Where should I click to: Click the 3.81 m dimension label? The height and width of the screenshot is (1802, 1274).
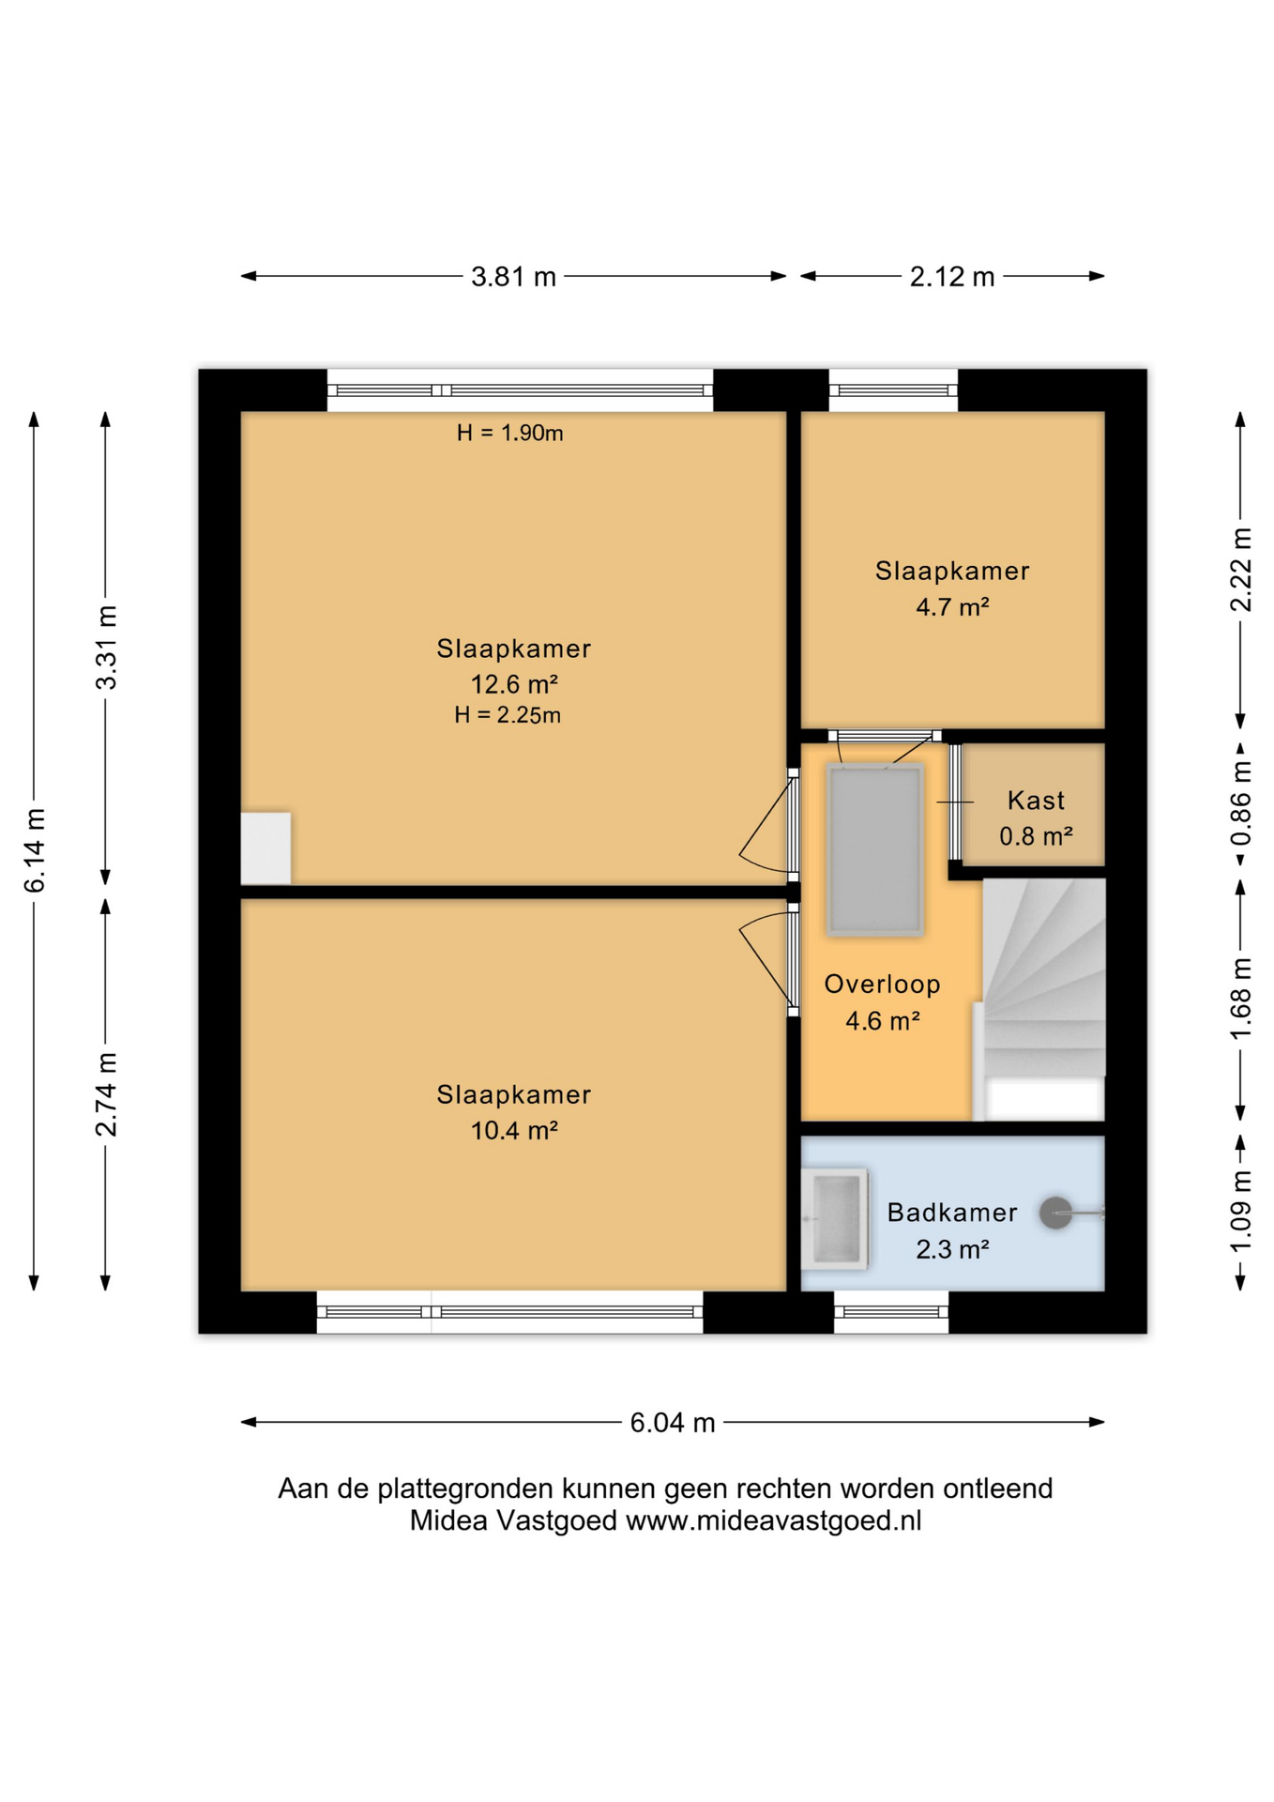tap(513, 277)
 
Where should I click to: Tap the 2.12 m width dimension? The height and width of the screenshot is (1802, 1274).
tap(951, 277)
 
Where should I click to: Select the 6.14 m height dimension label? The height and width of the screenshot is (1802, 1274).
tap(35, 850)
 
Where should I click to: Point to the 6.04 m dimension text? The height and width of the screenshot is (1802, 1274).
tap(672, 1423)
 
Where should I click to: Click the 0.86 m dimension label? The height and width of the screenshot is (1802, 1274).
tap(1240, 802)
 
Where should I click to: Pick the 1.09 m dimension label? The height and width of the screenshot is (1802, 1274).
tap(1240, 1212)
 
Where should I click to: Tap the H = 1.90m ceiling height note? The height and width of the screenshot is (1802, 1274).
tap(509, 433)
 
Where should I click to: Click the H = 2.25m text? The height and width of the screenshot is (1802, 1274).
tap(508, 715)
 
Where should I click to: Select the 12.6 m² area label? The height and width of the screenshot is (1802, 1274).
tap(514, 683)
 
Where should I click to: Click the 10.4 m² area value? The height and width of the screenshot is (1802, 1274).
tap(514, 1130)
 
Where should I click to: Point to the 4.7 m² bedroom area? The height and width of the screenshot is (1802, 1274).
tap(952, 606)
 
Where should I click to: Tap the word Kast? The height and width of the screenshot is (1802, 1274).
tap(1036, 801)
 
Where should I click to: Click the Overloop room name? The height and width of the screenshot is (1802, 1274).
tap(882, 984)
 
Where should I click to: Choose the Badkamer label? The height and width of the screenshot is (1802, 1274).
tap(952, 1213)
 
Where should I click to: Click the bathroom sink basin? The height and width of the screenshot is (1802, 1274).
tap(837, 1218)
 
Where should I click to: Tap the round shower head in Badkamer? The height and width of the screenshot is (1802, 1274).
tap(1055, 1213)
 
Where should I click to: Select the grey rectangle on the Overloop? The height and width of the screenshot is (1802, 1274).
tap(874, 849)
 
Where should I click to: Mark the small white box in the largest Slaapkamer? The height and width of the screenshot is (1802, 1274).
tap(265, 848)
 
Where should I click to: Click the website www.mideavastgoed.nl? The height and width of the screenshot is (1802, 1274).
tap(773, 1521)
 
